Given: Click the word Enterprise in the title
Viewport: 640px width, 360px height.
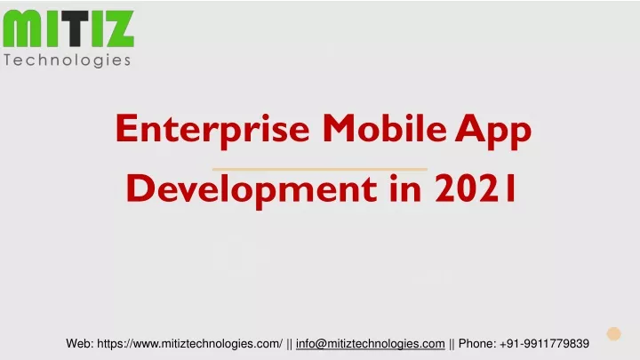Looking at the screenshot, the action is tap(212, 130).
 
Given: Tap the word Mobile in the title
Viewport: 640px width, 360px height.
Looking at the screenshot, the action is tap(385, 128).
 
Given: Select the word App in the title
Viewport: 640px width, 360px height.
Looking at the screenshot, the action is tap(493, 131).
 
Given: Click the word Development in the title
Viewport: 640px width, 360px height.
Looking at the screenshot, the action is tap(252, 190).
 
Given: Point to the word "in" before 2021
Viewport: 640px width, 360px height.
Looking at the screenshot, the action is tap(405, 188).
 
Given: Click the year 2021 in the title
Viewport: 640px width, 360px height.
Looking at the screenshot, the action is tap(476, 188).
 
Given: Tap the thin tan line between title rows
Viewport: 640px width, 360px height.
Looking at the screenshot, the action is tap(320, 169).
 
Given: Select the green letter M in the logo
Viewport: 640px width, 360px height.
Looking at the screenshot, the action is tap(21, 28).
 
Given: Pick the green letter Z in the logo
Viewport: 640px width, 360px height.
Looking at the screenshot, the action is tap(117, 28).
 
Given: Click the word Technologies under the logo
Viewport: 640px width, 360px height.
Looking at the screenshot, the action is tap(68, 60).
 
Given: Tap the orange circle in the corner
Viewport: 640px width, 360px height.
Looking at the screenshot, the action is tap(613, 333).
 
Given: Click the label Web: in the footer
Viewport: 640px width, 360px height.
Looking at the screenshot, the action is tap(80, 344).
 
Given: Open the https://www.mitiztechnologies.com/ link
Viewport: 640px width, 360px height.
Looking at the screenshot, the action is tap(189, 344).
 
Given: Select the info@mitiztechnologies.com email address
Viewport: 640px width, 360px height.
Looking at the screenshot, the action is tap(370, 344).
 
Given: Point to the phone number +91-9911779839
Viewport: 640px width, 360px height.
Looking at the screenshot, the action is tap(544, 344).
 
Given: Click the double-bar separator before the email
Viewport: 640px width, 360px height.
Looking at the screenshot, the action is tap(289, 344).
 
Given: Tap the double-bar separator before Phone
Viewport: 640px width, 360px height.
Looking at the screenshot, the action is tap(452, 344).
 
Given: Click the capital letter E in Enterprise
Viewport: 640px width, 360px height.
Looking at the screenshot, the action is tap(125, 128).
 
